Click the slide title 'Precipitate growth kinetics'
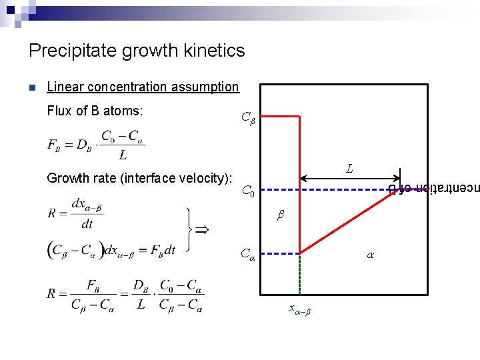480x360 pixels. (137, 51)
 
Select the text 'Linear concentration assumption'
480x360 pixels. (143, 87)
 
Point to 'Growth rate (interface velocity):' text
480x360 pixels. (139, 178)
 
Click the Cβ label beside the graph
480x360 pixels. (247, 120)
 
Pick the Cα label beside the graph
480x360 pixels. (247, 254)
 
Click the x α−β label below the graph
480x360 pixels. (299, 309)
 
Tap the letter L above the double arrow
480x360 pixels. (349, 169)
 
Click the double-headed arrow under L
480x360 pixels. (350, 178)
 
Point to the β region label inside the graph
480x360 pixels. (281, 216)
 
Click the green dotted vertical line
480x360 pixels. (300, 273)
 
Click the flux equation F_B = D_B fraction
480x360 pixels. (95, 145)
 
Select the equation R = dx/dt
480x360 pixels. (75, 212)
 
